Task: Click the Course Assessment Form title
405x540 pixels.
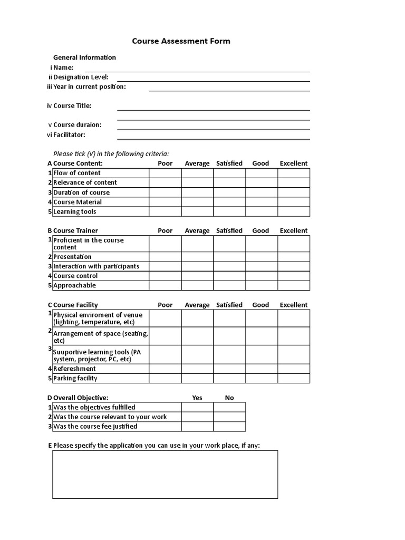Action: point(181,41)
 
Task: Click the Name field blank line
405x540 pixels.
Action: point(197,68)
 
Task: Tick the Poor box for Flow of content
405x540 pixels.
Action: point(165,173)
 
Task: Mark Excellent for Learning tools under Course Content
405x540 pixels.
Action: point(294,211)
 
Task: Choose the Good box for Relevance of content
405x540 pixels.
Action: point(261,182)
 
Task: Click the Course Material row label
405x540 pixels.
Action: point(78,202)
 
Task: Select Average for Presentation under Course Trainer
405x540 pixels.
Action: point(197,257)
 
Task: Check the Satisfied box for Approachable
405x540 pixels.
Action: point(229,285)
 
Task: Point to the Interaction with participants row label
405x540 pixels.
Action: point(96,266)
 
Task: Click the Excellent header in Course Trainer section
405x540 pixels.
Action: point(294,230)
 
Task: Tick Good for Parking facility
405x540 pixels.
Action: point(261,378)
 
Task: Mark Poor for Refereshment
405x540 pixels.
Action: point(165,369)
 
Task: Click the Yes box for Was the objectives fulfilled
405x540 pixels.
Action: point(197,407)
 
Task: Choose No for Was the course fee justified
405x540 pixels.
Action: point(229,426)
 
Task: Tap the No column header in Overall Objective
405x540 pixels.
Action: point(229,398)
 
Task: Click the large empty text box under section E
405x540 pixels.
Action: point(165,474)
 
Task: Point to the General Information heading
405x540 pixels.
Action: point(84,57)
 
